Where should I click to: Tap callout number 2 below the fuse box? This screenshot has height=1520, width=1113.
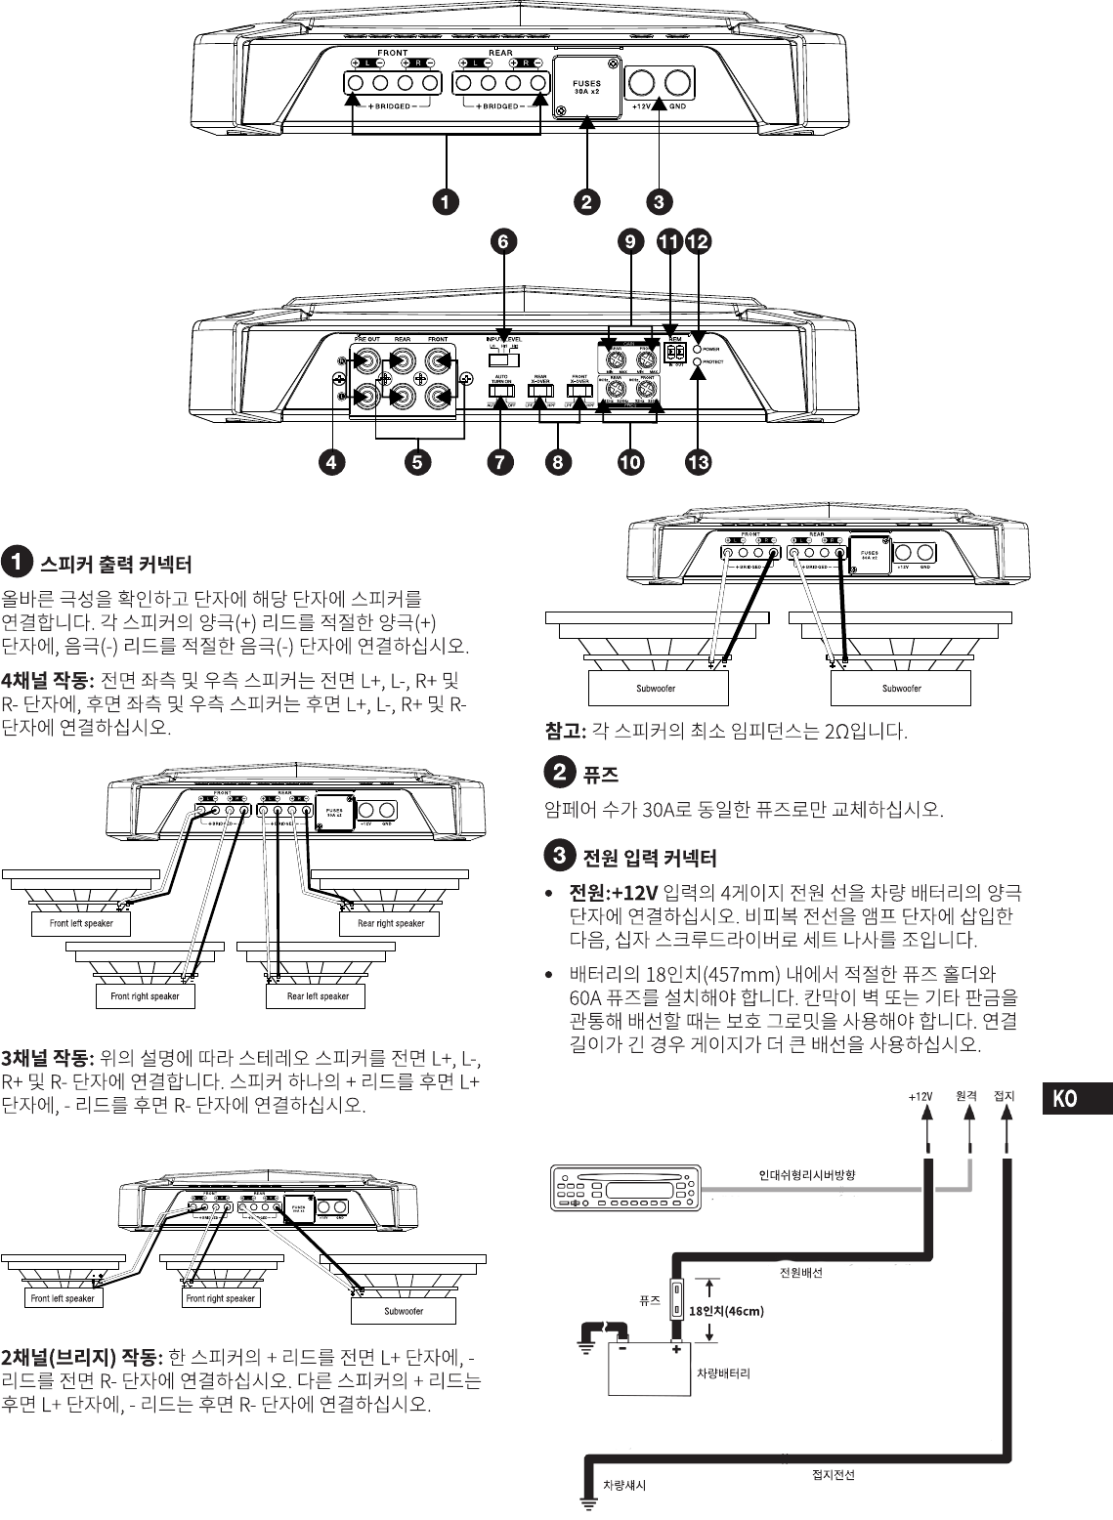(585, 202)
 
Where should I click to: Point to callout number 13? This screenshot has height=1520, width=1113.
(698, 462)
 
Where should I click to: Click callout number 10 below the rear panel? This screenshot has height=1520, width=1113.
(630, 462)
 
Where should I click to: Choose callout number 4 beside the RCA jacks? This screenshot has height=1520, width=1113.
(334, 462)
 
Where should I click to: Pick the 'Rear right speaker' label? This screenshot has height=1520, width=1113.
(391, 923)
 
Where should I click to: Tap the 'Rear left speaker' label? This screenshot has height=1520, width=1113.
(318, 996)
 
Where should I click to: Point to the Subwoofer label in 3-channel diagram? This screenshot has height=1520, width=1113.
(404, 1311)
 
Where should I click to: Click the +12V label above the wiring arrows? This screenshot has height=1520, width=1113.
(920, 1096)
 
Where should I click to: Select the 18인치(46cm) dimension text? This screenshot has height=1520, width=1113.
(726, 1311)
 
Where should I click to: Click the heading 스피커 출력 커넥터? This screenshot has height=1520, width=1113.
(114, 565)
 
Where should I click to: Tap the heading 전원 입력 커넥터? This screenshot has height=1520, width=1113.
(649, 858)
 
